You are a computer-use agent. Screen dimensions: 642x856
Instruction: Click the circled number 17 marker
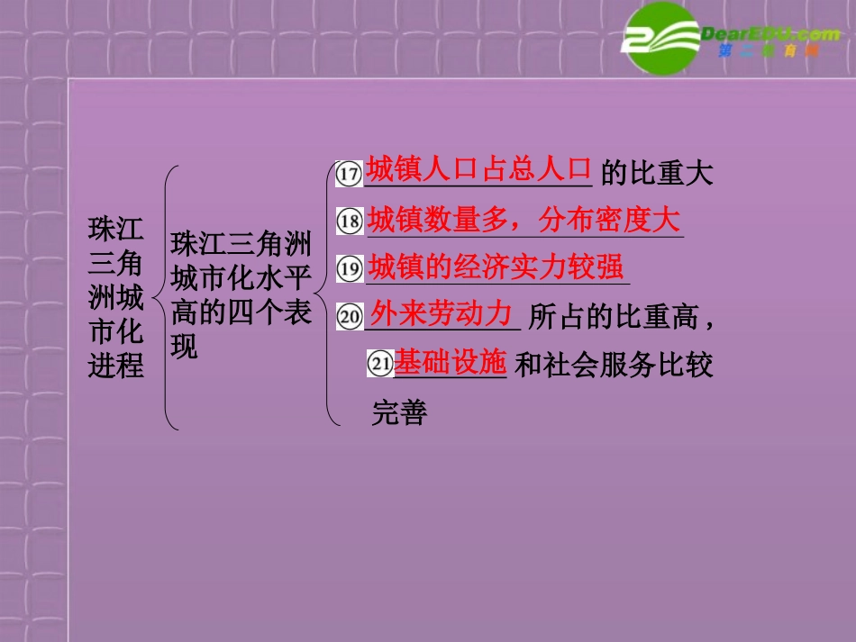click(x=348, y=174)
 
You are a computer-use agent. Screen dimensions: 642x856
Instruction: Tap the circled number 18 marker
click(x=348, y=221)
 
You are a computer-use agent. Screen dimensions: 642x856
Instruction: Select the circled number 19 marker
click(x=348, y=268)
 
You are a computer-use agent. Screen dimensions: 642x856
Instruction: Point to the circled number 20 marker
click(x=349, y=316)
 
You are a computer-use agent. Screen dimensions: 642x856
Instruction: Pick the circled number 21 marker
click(x=379, y=363)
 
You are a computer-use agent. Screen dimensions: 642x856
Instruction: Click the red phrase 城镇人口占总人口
click(x=478, y=169)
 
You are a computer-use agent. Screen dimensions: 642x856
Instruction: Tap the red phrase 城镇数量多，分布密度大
click(x=523, y=219)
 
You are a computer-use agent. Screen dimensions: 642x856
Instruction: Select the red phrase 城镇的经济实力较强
click(x=496, y=267)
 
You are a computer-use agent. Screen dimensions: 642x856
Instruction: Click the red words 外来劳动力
click(x=442, y=313)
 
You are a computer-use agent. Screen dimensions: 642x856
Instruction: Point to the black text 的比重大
click(x=656, y=173)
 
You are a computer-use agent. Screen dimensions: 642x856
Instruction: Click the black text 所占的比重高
click(x=617, y=317)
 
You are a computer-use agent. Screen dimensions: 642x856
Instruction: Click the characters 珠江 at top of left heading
click(x=115, y=228)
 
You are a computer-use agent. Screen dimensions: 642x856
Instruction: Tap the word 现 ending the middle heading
click(x=184, y=347)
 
